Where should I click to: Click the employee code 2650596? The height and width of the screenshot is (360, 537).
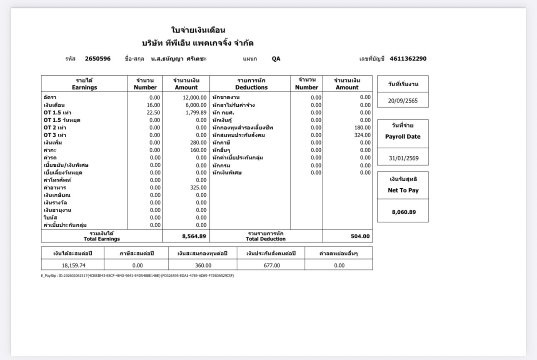click(x=97, y=59)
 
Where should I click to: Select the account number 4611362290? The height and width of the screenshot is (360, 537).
click(x=408, y=59)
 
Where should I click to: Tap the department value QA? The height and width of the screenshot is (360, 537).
click(x=276, y=59)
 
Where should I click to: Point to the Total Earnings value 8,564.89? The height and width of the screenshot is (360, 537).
click(x=194, y=236)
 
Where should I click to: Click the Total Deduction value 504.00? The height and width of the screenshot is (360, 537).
click(x=360, y=236)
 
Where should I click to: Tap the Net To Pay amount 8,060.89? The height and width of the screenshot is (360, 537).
click(x=403, y=212)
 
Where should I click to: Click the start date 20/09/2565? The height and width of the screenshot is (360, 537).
click(x=402, y=101)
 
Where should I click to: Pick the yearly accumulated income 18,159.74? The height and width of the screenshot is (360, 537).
click(x=73, y=265)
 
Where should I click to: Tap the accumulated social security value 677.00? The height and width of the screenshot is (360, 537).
click(x=272, y=265)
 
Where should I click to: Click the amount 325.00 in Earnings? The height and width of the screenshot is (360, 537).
click(x=198, y=187)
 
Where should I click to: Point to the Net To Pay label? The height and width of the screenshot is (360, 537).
click(x=403, y=190)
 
